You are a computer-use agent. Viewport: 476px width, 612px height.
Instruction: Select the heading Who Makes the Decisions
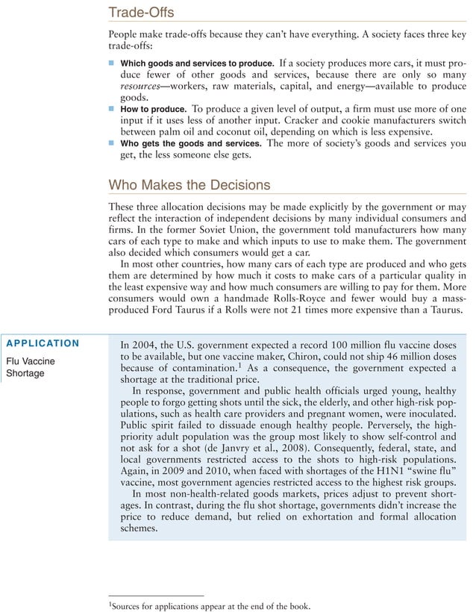pos(190,184)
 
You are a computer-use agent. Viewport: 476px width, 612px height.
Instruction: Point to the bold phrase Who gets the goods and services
pos(191,143)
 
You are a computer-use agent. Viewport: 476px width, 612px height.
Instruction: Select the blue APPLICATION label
pos(43,343)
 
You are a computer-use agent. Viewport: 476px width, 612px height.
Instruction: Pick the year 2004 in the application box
pos(148,345)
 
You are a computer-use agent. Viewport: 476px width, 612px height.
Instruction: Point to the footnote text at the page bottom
pos(207,605)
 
